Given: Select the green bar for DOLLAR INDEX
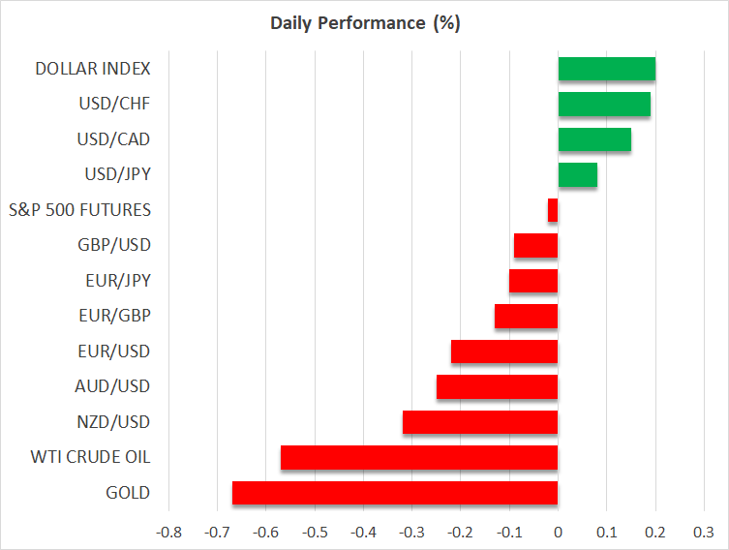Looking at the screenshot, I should coord(607,69).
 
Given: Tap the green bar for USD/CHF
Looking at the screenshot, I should coord(604,105).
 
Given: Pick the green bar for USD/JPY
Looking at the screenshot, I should coord(578,175).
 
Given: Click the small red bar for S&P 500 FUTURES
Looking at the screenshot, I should coord(553,210).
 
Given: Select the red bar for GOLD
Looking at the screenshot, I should coord(395,493).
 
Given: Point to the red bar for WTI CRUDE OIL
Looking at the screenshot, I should coord(419,457).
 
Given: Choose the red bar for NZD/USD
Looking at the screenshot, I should coord(480,422).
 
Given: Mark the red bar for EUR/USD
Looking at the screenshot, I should coord(504,351).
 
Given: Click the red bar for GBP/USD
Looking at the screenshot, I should coord(535,246).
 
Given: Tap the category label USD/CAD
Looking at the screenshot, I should coord(113,139).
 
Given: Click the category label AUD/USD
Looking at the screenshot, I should coord(112,386).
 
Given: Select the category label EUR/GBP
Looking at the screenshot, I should coord(114,316).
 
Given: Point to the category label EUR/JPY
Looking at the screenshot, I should coord(116,281).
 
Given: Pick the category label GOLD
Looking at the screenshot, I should coord(129,493).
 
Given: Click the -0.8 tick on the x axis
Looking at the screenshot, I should coord(169,532).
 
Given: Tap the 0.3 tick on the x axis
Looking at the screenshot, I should coord(704,532).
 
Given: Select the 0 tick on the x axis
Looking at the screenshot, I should coord(558,532).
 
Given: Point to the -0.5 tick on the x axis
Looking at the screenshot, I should coord(315,532).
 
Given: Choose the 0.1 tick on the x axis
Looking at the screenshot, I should coord(606,532).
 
